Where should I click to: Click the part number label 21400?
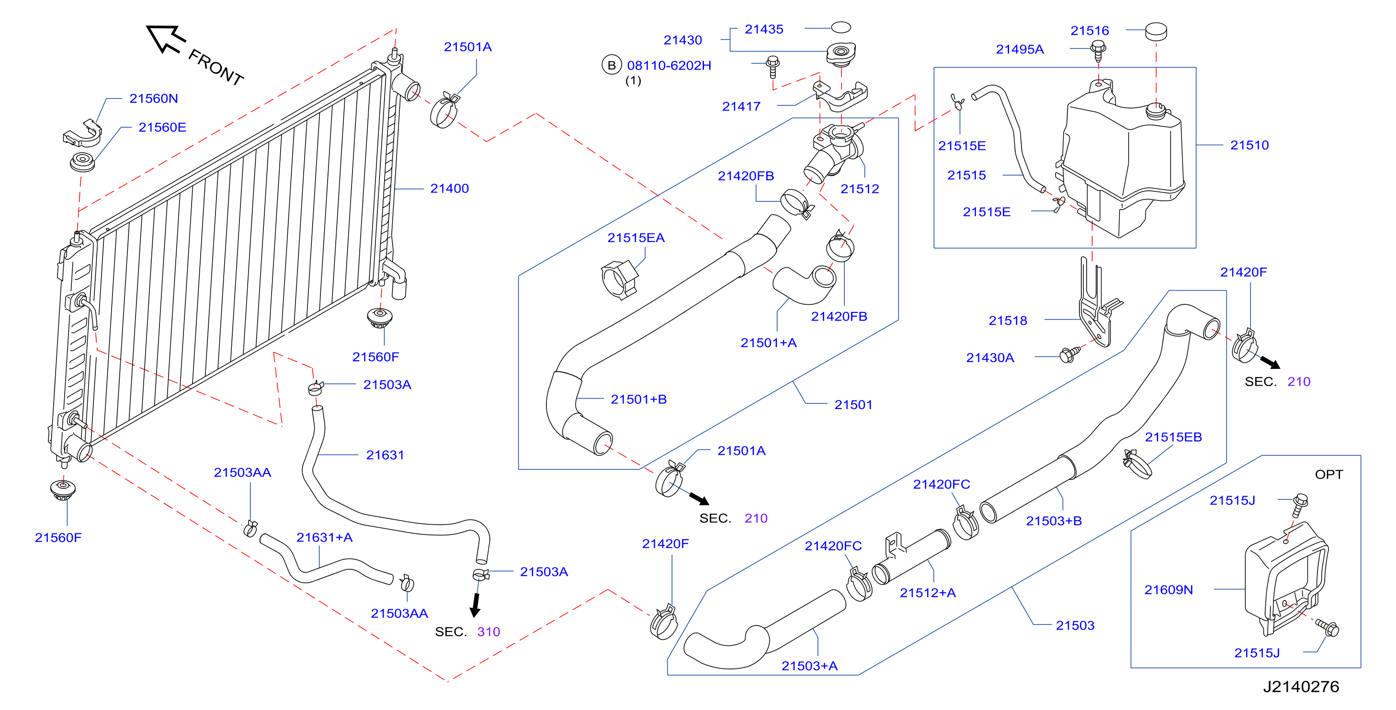(449, 189)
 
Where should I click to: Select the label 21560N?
(153, 99)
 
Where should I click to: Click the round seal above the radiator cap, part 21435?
(841, 27)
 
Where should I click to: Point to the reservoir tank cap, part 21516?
(1156, 32)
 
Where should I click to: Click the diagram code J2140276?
(1301, 687)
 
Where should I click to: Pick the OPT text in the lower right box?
(1329, 475)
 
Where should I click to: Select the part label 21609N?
(1169, 590)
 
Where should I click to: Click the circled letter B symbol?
(611, 66)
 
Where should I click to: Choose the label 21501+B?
(638, 399)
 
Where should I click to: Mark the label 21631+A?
(324, 538)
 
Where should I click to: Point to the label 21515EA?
(636, 238)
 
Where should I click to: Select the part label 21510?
(1249, 145)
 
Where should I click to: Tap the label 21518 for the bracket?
(1008, 321)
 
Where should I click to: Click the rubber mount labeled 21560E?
(82, 162)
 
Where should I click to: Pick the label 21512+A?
(928, 593)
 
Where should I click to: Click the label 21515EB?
(1173, 437)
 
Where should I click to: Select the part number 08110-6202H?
(669, 66)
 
